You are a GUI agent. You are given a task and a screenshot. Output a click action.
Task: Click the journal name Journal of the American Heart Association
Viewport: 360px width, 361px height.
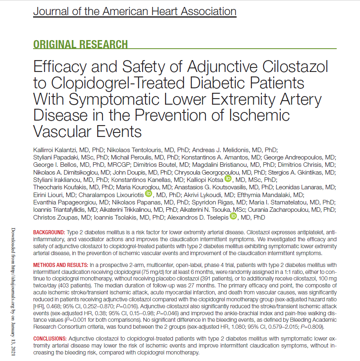pyautogui.click(x=134, y=11)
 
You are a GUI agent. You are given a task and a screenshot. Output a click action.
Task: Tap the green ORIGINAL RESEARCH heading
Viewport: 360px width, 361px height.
pyautogui.click(x=80, y=44)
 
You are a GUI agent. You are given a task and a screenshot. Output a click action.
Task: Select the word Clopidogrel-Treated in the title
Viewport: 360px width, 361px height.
pyautogui.click(x=127, y=83)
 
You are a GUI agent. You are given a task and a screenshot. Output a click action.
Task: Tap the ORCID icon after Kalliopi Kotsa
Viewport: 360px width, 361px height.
pyautogui.click(x=228, y=179)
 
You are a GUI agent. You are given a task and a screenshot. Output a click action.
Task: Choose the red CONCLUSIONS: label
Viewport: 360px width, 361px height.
pyautogui.click(x=50, y=339)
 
